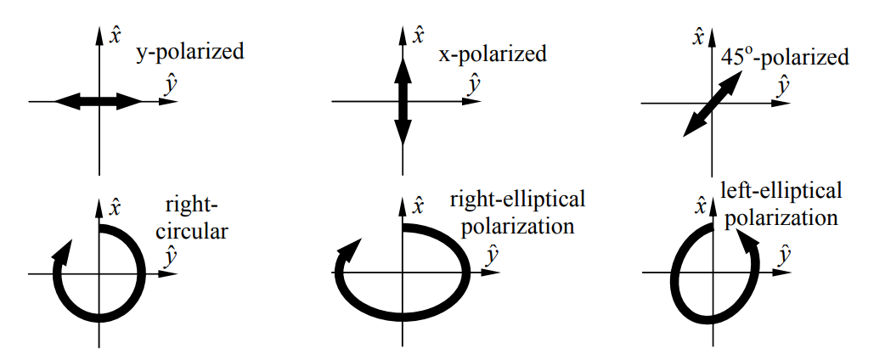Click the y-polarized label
click(x=190, y=53)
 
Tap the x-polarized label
click(x=492, y=56)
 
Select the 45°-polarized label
click(x=785, y=57)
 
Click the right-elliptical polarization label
click(x=516, y=212)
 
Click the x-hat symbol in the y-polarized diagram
click(x=116, y=36)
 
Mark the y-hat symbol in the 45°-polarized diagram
click(x=785, y=85)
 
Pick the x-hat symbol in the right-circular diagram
click(x=116, y=207)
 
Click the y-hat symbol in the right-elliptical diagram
click(x=490, y=254)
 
